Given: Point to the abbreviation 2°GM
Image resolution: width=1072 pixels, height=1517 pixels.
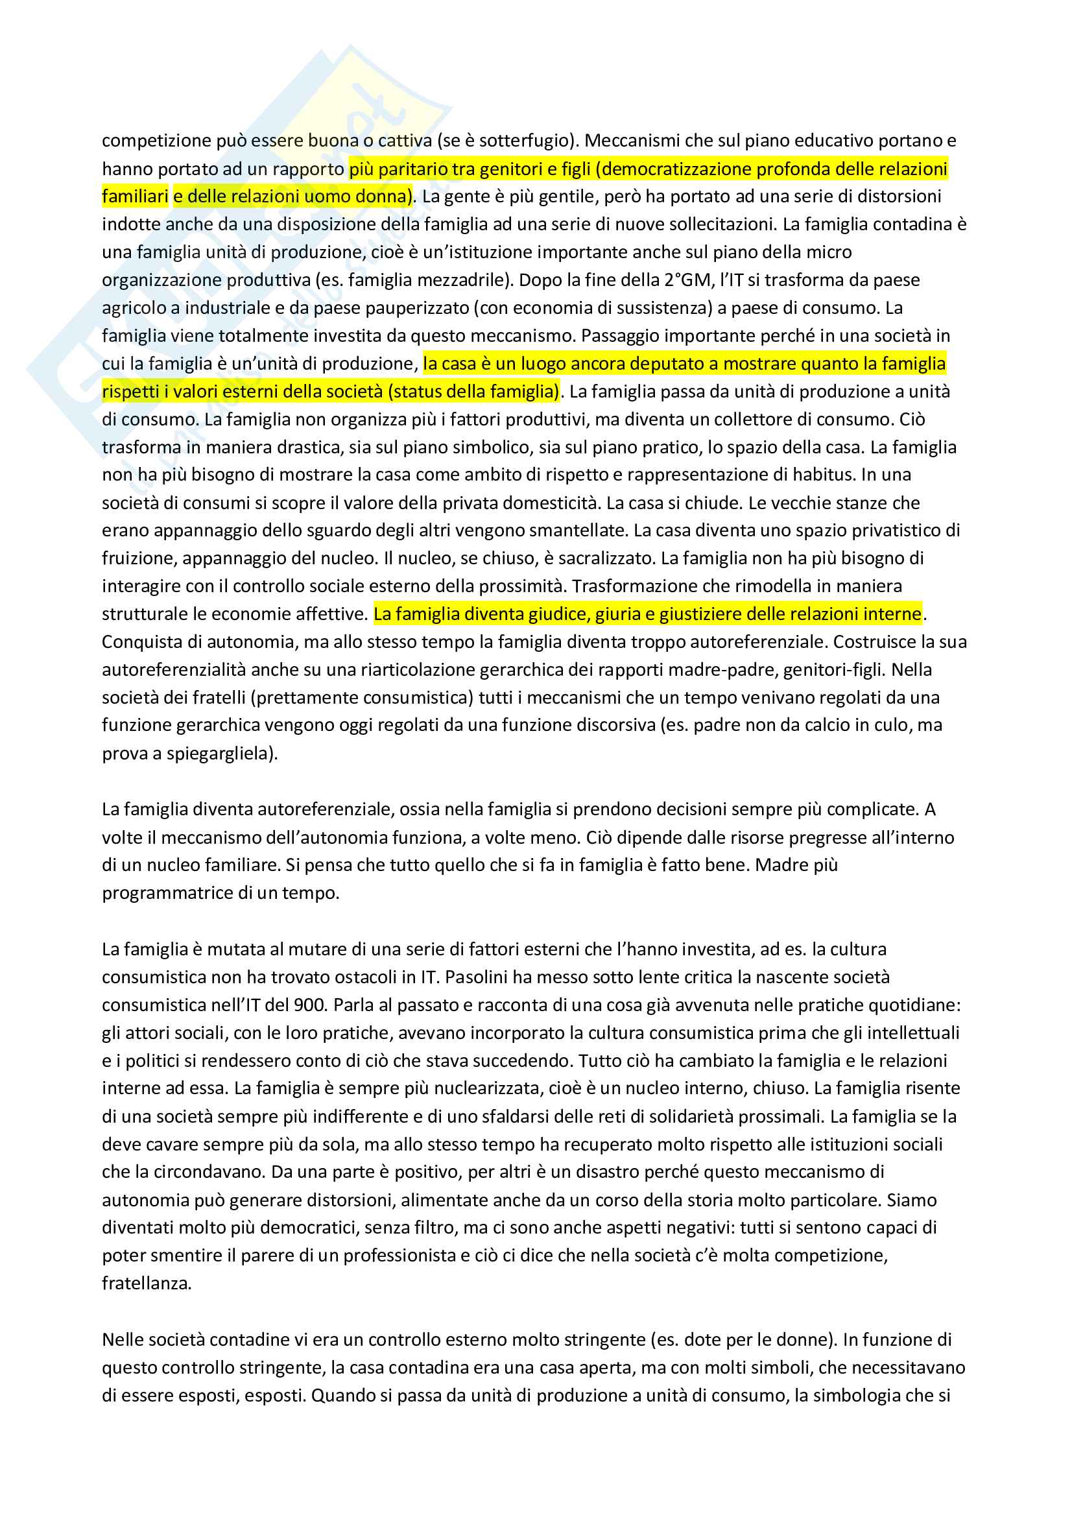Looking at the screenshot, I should pos(687,280).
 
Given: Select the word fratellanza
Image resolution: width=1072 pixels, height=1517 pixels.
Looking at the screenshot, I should pos(146,1283).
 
